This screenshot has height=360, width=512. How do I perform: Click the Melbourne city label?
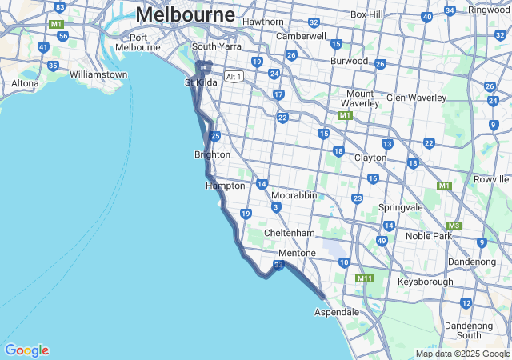tap(186, 14)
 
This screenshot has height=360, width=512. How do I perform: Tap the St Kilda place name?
tap(201, 82)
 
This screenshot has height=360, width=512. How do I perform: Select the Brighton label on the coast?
tap(212, 154)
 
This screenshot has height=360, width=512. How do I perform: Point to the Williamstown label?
tap(98, 74)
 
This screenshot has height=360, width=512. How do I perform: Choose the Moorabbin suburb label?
tap(294, 195)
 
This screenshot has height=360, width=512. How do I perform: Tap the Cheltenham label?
tap(290, 233)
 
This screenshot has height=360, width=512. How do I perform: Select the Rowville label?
tap(491, 179)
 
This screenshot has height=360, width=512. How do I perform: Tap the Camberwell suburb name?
tap(301, 36)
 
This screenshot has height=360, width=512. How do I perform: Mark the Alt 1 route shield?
tap(234, 77)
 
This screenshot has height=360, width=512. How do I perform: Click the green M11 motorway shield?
tap(365, 278)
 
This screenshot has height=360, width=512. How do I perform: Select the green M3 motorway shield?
tap(454, 226)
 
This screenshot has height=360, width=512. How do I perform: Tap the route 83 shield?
tap(59, 6)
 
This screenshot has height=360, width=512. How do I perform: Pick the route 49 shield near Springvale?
tap(382, 241)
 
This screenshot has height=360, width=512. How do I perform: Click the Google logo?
tap(26, 350)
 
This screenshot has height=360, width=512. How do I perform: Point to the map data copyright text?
tap(462, 354)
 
